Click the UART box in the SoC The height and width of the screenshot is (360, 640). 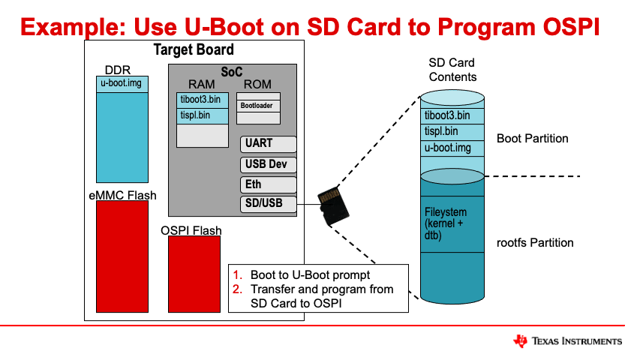click(269, 144)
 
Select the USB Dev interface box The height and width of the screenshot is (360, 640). click(269, 164)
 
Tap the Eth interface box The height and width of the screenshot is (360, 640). click(269, 184)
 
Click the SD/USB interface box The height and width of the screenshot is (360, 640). click(269, 204)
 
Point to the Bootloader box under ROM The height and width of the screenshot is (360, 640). click(258, 106)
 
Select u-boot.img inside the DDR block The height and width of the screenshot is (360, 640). click(122, 83)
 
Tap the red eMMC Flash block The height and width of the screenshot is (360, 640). click(122, 256)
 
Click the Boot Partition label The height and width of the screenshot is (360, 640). click(532, 139)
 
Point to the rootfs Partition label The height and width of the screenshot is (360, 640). click(535, 243)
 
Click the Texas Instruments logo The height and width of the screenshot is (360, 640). click(567, 341)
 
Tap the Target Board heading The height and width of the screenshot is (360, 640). click(194, 50)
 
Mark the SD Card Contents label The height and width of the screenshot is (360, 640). click(452, 70)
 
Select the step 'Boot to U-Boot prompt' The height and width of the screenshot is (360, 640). click(311, 275)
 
